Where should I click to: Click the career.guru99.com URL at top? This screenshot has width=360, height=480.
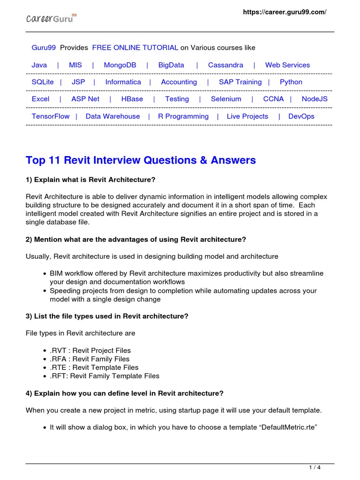[x=284, y=12]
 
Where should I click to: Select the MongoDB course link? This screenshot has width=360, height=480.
[x=120, y=65]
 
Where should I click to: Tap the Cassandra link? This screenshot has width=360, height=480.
[x=225, y=65]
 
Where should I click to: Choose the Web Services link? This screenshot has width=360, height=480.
[x=287, y=65]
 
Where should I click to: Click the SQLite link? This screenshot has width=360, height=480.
[x=43, y=82]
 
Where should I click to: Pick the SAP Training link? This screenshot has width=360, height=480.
[x=240, y=82]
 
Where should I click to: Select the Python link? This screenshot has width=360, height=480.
[x=291, y=82]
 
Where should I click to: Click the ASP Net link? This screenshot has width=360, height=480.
[x=85, y=99]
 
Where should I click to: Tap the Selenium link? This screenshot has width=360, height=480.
[x=226, y=99]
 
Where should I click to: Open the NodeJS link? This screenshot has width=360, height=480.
[x=315, y=99]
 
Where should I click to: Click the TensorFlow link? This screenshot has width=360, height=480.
[x=51, y=116]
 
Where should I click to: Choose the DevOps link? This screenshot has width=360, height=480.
[x=301, y=116]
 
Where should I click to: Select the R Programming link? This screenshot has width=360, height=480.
[x=183, y=116]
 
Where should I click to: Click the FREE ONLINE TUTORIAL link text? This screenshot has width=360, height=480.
[x=135, y=48]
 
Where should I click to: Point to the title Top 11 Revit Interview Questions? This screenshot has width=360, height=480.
[x=141, y=160]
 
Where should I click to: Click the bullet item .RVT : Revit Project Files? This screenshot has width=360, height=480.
[x=90, y=351]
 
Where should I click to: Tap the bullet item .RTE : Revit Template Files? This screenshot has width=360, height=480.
[x=94, y=367]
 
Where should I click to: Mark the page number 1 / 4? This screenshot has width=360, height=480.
[x=315, y=467]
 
